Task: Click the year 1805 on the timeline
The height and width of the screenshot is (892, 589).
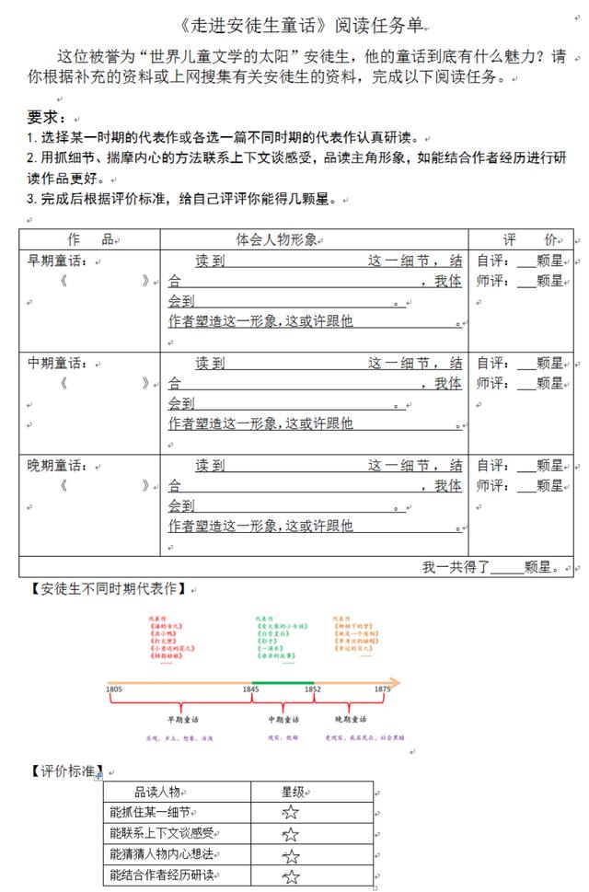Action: (114, 689)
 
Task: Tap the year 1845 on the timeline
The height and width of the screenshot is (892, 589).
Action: (250, 689)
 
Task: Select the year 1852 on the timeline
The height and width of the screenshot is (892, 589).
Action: (312, 689)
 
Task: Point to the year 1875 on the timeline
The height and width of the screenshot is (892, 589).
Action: (382, 689)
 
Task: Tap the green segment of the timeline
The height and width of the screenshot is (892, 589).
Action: (282, 682)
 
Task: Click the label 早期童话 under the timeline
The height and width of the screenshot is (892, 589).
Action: (182, 719)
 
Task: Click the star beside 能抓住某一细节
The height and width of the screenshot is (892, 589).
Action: (291, 812)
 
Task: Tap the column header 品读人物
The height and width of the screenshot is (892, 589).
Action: (162, 791)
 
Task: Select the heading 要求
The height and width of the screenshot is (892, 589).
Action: (47, 117)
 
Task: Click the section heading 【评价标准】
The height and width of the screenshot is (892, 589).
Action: (65, 770)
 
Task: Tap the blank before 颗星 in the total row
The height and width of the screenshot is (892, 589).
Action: (505, 567)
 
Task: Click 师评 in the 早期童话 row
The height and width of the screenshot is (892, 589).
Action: (491, 281)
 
